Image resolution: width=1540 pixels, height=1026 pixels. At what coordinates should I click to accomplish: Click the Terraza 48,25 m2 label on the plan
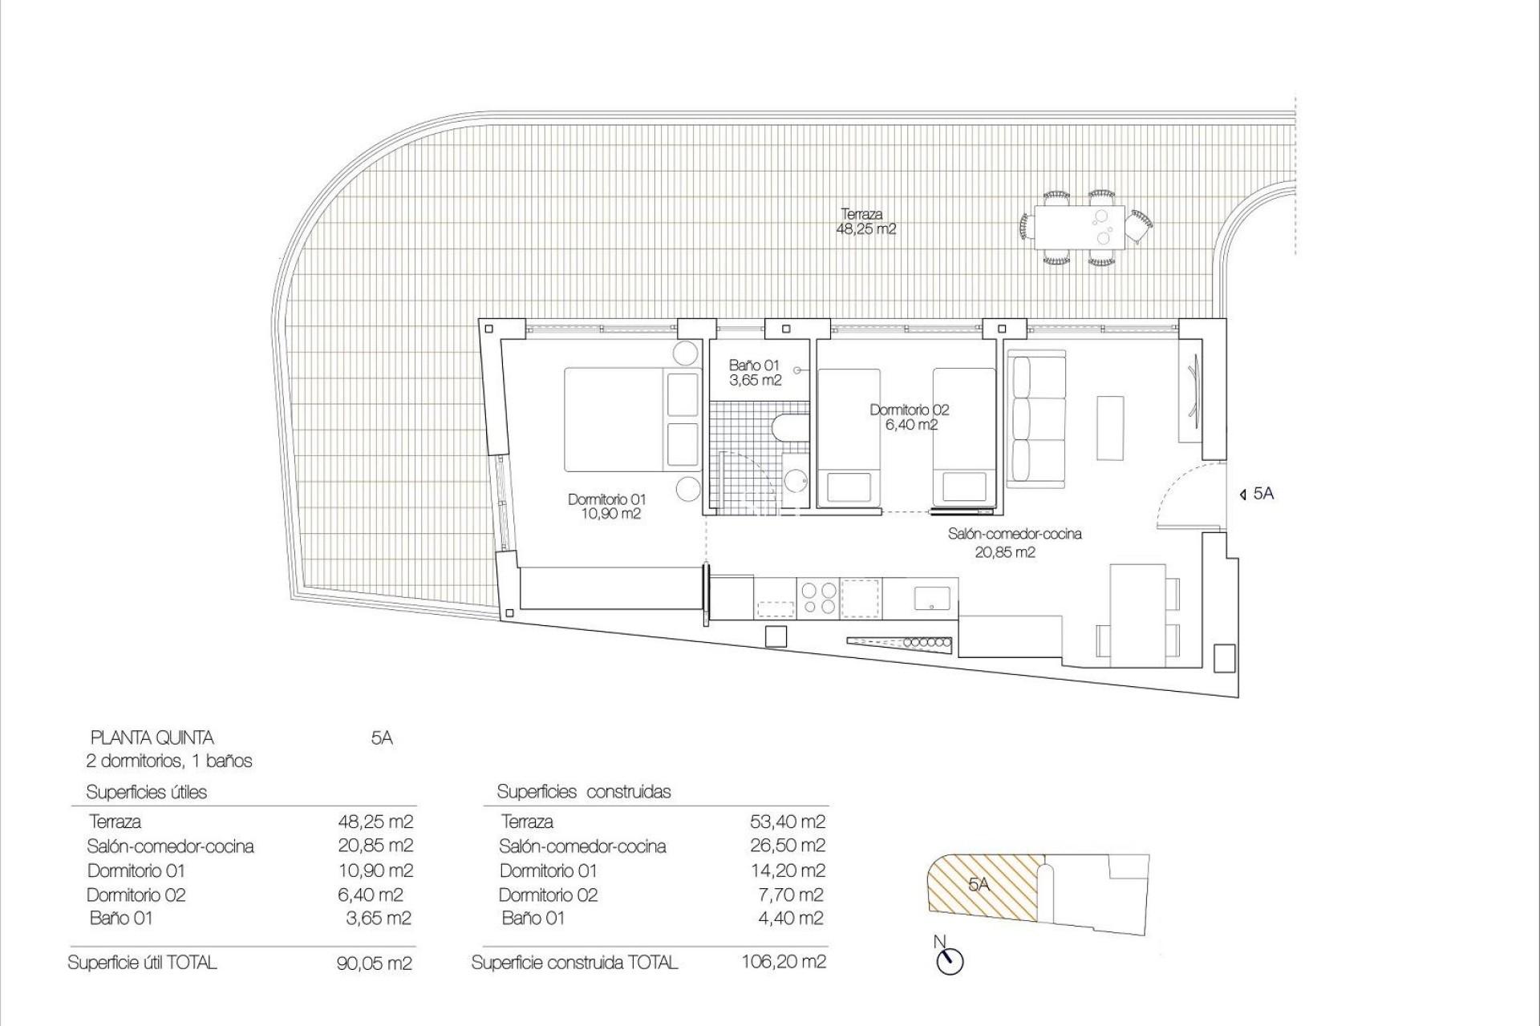[865, 222]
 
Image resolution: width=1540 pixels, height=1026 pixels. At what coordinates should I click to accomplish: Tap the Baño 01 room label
[754, 373]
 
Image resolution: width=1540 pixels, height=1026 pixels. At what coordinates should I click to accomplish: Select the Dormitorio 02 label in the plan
[910, 417]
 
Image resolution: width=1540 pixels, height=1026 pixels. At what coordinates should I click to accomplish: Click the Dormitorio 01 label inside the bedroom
[606, 507]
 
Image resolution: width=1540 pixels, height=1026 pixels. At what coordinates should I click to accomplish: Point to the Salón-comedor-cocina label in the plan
[1014, 542]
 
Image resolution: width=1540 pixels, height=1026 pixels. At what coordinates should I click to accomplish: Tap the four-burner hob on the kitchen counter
[817, 598]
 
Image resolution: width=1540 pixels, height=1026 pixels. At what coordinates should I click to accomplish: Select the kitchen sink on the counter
[931, 598]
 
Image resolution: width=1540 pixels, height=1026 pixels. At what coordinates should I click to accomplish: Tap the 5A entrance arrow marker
[1242, 495]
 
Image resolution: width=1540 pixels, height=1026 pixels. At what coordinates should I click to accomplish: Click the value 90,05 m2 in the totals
[374, 963]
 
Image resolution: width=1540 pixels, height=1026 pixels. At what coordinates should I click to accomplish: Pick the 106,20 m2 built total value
[783, 962]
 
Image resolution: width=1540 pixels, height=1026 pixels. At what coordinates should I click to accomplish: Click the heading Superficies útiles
[146, 793]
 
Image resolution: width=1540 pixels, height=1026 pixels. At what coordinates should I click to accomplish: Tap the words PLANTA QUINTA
[152, 737]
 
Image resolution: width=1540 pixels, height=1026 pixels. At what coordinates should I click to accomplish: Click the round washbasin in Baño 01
[796, 481]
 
